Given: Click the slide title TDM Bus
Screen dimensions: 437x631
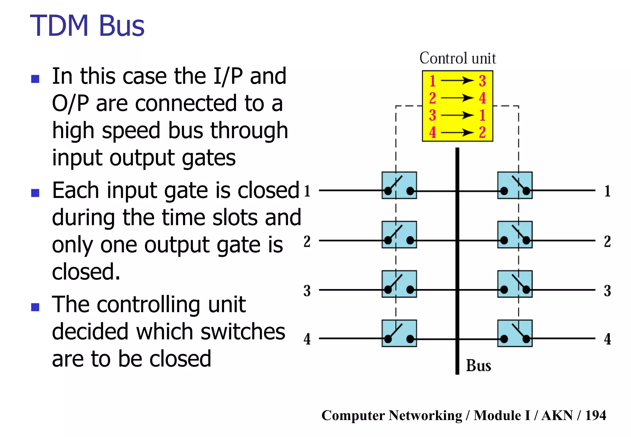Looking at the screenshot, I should pyautogui.click(x=87, y=26).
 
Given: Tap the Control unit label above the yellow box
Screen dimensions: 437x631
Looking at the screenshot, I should pyautogui.click(x=458, y=58).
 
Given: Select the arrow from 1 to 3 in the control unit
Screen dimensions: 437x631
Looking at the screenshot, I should pyautogui.click(x=457, y=81).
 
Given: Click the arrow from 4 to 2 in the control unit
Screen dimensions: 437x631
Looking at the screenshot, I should pyautogui.click(x=457, y=133).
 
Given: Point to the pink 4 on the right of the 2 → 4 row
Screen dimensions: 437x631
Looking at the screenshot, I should pyautogui.click(x=482, y=98).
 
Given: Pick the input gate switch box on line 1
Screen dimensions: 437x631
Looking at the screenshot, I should pyautogui.click(x=399, y=185).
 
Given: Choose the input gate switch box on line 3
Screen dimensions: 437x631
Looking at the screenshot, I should pyautogui.click(x=399, y=284).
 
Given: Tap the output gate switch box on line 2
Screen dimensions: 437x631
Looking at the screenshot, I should pyautogui.click(x=515, y=235).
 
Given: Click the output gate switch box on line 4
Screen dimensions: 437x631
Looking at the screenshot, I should pyautogui.click(x=515, y=333).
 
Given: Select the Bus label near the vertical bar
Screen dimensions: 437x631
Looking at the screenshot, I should pyautogui.click(x=478, y=366).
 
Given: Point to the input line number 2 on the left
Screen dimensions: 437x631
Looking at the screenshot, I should pyautogui.click(x=307, y=241).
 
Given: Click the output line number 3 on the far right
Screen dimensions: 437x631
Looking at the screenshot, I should pyautogui.click(x=607, y=291).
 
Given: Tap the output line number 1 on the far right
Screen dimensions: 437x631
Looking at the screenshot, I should pyautogui.click(x=607, y=191).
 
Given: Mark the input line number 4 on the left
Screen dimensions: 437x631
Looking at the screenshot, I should pyautogui.click(x=307, y=339).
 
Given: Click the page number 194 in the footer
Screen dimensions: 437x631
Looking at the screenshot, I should pyautogui.click(x=595, y=415).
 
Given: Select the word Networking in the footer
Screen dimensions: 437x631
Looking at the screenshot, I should pyautogui.click(x=425, y=415).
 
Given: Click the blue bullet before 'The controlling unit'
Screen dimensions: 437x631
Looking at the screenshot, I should pyautogui.click(x=35, y=307).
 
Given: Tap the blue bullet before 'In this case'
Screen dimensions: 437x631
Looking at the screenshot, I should pyautogui.click(x=35, y=79).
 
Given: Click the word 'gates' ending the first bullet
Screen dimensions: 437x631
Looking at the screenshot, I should pyautogui.click(x=209, y=158).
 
